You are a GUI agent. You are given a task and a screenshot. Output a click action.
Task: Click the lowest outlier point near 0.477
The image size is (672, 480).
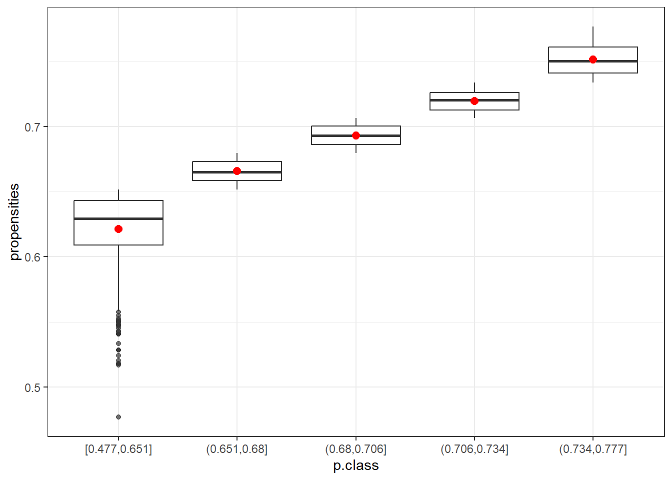[x=118, y=417]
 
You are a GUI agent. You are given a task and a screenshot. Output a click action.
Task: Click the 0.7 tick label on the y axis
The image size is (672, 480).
[x=32, y=127]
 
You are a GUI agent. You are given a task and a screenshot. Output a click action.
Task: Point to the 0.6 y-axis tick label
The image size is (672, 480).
[x=32, y=257]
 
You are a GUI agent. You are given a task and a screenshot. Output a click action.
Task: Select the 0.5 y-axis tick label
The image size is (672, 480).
[x=32, y=387]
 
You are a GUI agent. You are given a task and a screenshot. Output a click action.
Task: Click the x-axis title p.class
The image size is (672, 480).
[x=356, y=465]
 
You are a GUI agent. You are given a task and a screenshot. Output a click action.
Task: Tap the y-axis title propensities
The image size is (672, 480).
[x=14, y=222]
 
